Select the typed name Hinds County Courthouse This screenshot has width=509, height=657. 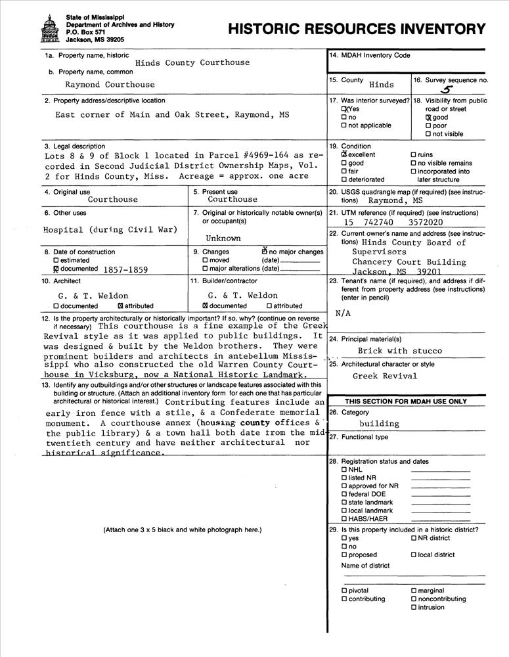point(192,62)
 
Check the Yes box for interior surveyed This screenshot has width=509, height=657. point(344,109)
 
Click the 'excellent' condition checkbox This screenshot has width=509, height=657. point(344,155)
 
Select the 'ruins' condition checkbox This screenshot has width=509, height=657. point(413,155)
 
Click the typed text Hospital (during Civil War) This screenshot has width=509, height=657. point(110,230)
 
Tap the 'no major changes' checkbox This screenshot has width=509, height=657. point(264,252)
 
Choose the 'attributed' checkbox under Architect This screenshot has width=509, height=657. point(120,306)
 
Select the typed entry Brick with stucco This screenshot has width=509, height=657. point(400,351)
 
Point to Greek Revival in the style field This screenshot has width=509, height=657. point(385,376)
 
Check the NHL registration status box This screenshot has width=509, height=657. point(344,470)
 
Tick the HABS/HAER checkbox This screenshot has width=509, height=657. point(344,519)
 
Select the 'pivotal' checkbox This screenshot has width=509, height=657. point(344,591)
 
